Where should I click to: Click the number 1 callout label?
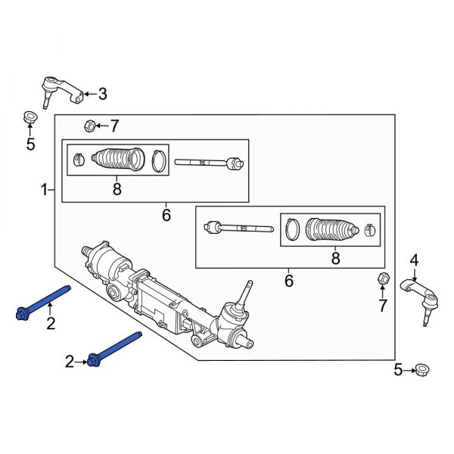[43, 188]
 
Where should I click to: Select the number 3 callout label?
[102, 95]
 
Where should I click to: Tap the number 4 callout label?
[414, 261]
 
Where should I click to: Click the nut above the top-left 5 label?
[30, 118]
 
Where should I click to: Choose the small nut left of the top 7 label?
[89, 126]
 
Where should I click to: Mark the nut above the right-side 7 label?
[382, 280]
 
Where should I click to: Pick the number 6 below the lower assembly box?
[288, 281]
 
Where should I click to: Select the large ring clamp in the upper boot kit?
[158, 160]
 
